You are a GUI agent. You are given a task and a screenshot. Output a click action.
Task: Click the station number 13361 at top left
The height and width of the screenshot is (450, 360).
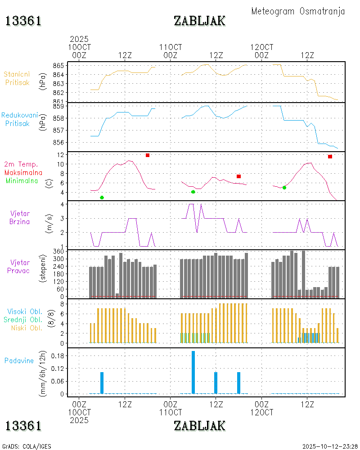pyautogui.click(x=23, y=21)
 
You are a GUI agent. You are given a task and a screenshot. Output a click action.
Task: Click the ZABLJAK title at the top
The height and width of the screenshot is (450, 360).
pyautogui.click(x=199, y=21)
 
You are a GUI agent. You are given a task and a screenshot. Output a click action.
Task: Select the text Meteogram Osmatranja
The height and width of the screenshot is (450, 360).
pyautogui.click(x=298, y=11)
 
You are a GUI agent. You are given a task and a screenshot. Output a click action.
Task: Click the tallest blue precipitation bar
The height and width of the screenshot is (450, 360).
pyautogui.click(x=193, y=372)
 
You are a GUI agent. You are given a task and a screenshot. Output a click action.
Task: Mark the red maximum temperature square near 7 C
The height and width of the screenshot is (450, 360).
pyautogui.click(x=239, y=176)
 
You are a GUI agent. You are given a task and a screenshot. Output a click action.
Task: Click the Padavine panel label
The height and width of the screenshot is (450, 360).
pyautogui.click(x=19, y=360)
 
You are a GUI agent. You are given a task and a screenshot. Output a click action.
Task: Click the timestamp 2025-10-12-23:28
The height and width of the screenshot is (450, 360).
pyautogui.click(x=330, y=446)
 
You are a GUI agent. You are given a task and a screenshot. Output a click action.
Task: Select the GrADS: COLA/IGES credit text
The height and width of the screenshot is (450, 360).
pyautogui.click(x=27, y=446)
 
